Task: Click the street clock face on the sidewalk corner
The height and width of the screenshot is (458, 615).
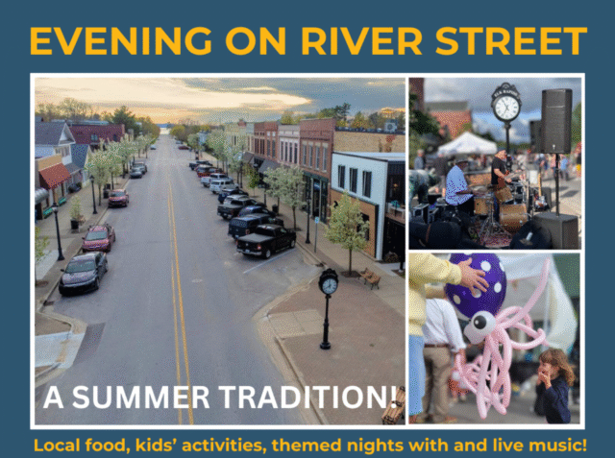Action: pos(329,285)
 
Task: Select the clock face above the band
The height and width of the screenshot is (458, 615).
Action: pos(506,108)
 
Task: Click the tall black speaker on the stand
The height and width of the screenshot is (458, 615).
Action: pos(556,121)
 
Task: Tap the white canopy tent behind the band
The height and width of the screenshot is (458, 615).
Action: pos(467,144)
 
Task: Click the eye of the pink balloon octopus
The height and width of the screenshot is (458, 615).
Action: pos(480,323)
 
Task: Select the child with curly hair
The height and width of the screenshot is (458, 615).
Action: pos(554,386)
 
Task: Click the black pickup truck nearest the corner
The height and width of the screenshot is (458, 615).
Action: pos(266,241)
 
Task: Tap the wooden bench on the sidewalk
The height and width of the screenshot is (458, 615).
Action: pos(370,277)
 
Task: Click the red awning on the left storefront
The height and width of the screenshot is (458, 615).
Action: pos(55,175)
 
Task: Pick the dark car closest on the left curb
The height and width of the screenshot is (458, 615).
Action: pos(84,273)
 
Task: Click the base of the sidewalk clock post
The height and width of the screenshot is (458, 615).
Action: pos(325,345)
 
